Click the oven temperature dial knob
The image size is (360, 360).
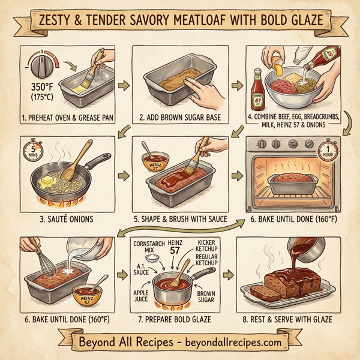coord(44,62)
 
